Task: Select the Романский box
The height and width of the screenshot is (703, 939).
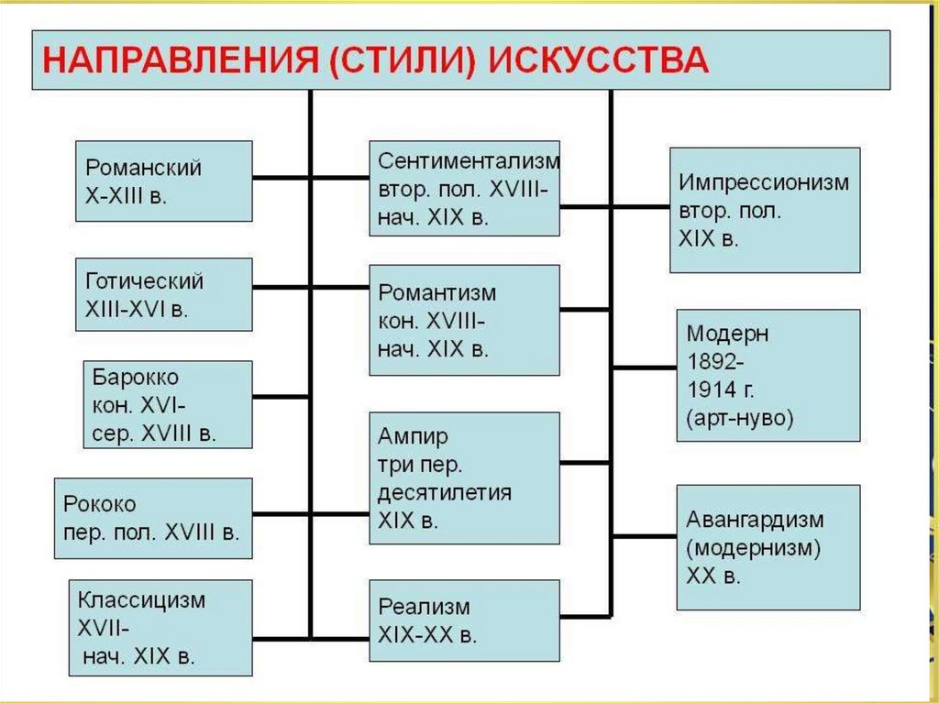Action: point(163,181)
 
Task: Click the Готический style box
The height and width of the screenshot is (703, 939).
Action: point(163,294)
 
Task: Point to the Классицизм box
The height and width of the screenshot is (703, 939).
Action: point(160,628)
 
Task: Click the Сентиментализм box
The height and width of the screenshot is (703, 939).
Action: point(464,188)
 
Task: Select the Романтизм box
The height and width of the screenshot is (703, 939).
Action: point(464,320)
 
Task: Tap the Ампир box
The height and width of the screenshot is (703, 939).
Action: point(464,478)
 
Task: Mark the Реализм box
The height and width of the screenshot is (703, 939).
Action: point(464,621)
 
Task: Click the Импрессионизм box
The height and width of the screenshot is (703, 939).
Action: point(765,210)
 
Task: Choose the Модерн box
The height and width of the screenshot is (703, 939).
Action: point(768,376)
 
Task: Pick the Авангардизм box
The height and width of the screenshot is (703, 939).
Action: point(768,547)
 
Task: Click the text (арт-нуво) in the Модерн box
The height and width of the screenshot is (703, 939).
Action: point(739,419)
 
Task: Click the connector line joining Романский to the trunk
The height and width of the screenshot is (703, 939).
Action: point(281,177)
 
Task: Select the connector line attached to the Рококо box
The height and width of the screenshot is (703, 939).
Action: point(281,518)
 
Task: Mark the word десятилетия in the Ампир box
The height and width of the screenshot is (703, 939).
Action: point(445,492)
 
